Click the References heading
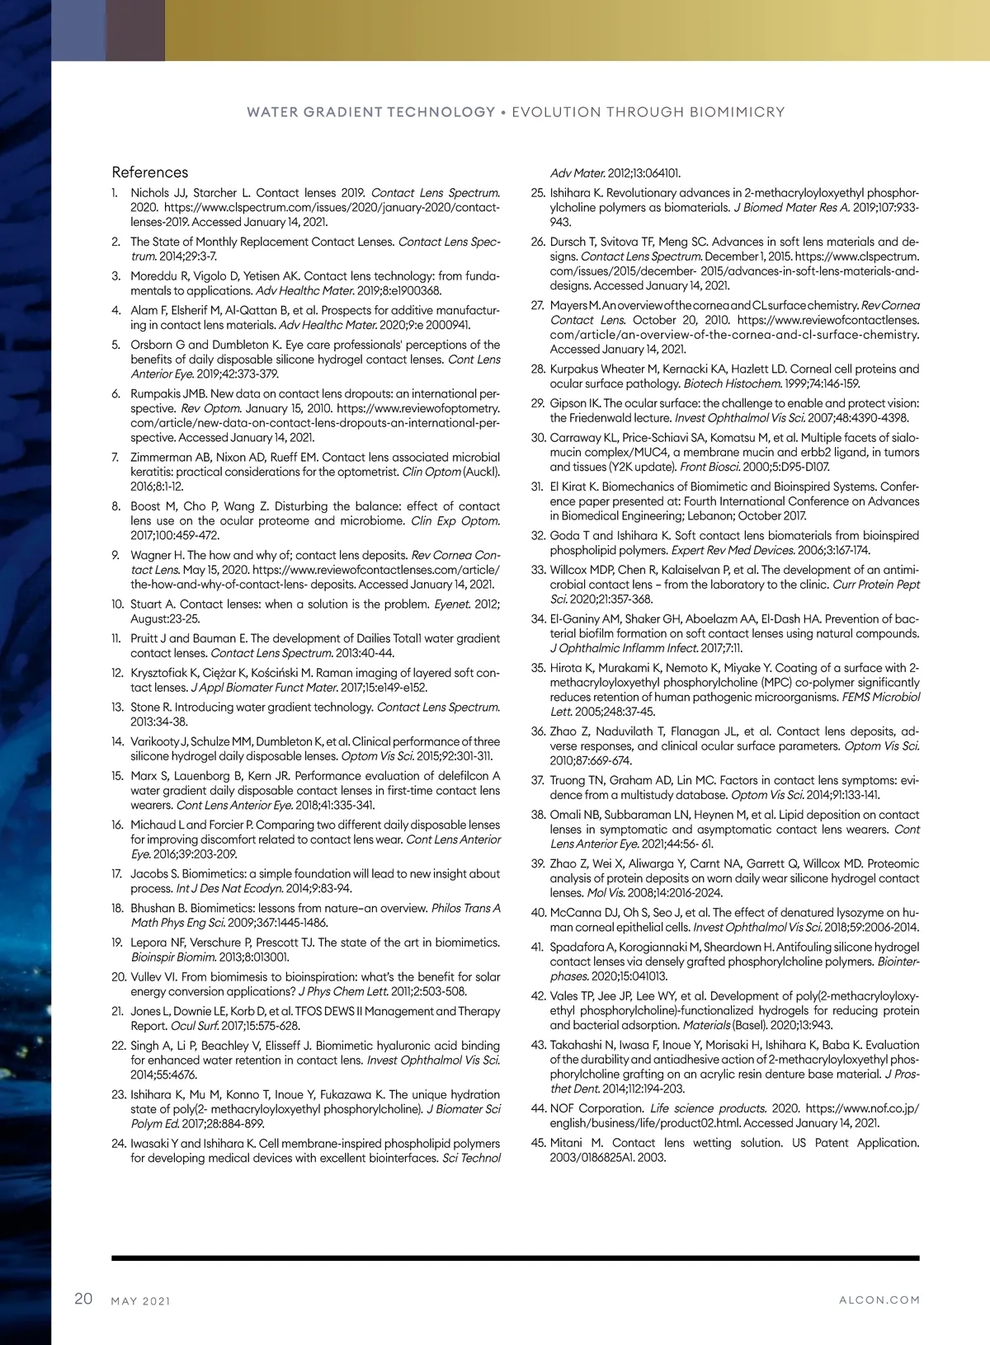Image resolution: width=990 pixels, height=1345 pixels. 150,172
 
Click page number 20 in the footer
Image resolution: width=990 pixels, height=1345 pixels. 83,1299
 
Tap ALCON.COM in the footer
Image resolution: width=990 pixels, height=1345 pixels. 879,1300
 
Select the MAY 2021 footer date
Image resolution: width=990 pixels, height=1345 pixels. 141,1301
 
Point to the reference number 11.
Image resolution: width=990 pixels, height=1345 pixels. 117,638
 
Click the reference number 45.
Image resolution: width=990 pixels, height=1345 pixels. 539,1143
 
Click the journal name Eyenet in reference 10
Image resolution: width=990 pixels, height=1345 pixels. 454,604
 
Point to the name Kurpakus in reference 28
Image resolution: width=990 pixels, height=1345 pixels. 576,369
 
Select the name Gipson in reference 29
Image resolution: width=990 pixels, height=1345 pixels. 568,403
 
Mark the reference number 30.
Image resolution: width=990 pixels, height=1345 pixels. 539,438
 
